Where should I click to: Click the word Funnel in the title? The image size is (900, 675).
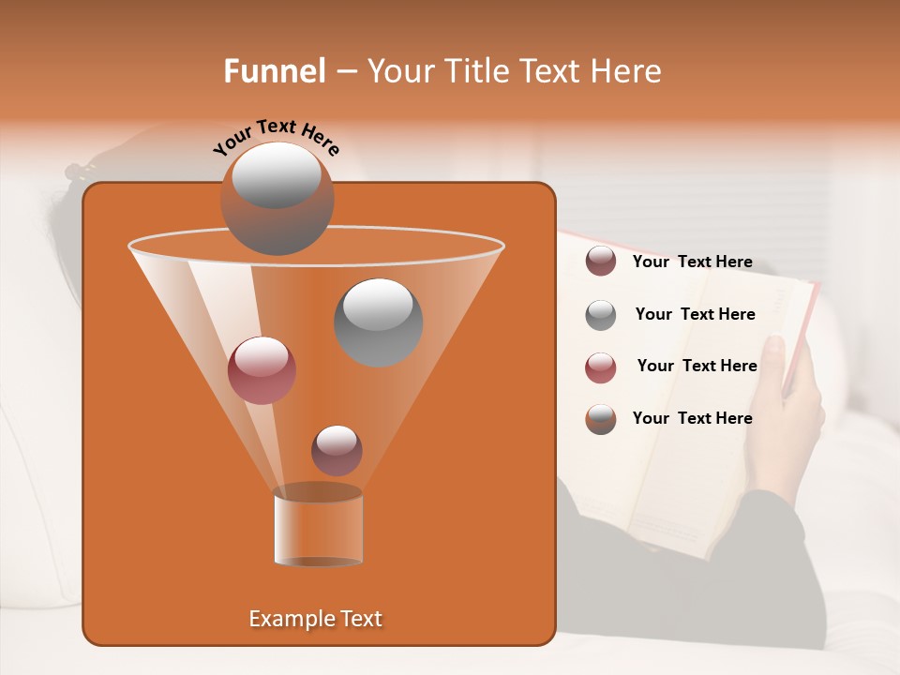[275, 71]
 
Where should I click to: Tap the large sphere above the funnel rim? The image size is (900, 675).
[277, 197]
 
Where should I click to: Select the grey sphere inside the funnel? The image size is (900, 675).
[378, 322]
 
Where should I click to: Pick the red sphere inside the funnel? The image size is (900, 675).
[262, 370]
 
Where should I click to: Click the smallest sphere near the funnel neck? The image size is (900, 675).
[337, 450]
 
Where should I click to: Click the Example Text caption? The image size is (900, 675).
[315, 619]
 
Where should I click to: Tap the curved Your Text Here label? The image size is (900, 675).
[277, 137]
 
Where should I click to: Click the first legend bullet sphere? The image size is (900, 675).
[600, 262]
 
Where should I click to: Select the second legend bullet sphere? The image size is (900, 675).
[600, 315]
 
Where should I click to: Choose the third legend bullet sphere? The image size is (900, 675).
[600, 367]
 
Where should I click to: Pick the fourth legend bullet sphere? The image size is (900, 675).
[600, 419]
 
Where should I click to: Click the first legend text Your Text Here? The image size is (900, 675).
[692, 262]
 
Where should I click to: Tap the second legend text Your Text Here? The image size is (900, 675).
[695, 315]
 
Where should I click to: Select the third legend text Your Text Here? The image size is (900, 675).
[697, 367]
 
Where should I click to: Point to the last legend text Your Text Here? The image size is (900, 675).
[692, 419]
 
